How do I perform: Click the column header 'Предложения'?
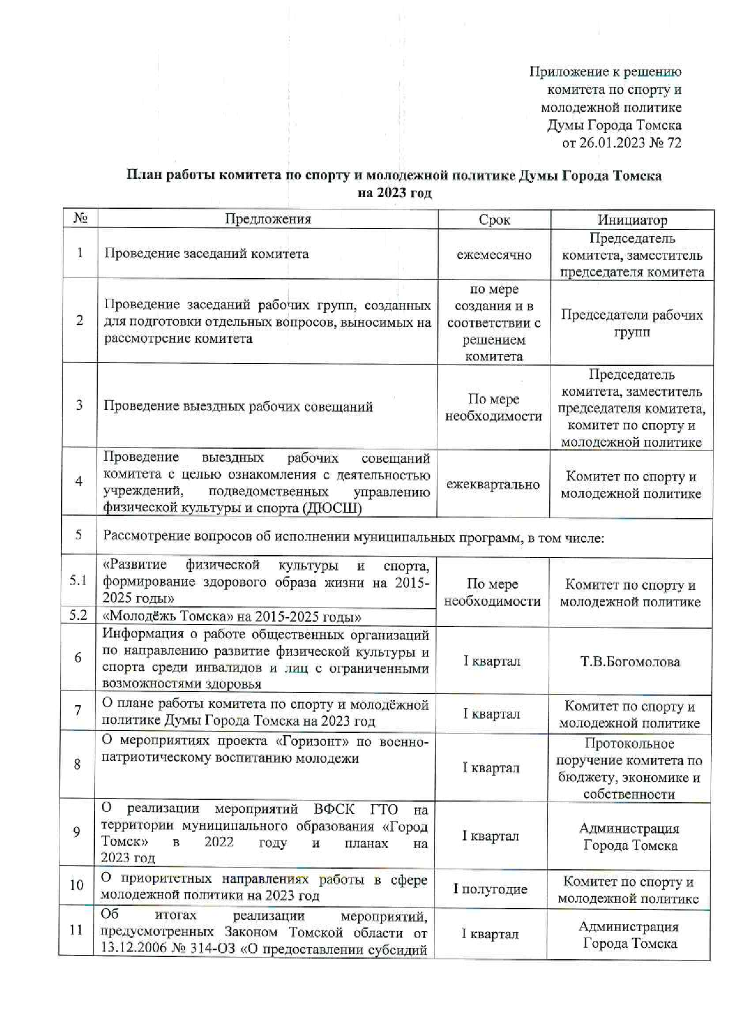click(x=268, y=219)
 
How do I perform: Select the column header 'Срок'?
click(x=494, y=220)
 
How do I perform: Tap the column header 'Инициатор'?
click(x=632, y=220)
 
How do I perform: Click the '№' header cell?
click(x=81, y=219)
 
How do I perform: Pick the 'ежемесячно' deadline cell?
click(x=494, y=255)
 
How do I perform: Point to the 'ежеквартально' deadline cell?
click(x=493, y=485)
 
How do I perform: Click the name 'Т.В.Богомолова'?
click(x=630, y=662)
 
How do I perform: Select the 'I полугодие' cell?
click(x=490, y=889)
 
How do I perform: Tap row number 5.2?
click(x=78, y=615)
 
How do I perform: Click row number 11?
click(x=77, y=930)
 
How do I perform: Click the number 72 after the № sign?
click(x=674, y=143)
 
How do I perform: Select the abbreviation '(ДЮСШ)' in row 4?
click(x=333, y=508)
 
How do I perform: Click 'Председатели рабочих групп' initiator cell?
click(x=632, y=323)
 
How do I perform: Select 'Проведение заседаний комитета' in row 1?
click(x=206, y=254)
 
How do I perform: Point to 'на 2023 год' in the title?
click(x=394, y=193)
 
